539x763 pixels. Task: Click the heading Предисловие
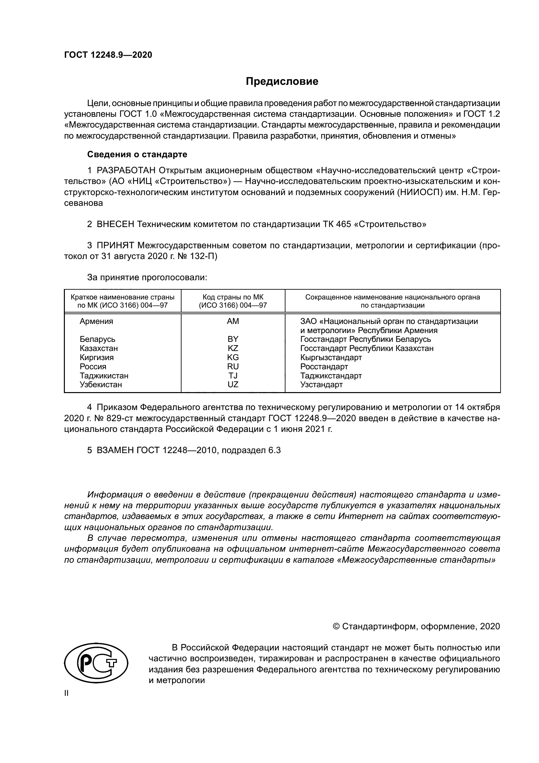pos(282,82)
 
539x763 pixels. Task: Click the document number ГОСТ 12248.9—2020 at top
pos(108,55)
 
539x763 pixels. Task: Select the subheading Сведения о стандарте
pos(137,155)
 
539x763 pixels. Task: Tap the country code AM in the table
pos(233,321)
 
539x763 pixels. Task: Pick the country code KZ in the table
pos(233,348)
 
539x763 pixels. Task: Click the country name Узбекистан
pos(101,385)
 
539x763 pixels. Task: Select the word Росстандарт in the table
pos(324,367)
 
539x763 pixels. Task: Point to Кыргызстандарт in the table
pos(331,358)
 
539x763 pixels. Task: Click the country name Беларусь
pos(97,339)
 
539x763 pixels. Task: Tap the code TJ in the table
pos(233,375)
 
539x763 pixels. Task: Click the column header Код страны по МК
pos(233,298)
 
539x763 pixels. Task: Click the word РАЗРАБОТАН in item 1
pos(126,171)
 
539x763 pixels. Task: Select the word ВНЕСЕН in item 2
pos(115,224)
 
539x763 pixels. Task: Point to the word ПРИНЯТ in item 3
pos(115,246)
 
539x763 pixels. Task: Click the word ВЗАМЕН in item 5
pos(115,450)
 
